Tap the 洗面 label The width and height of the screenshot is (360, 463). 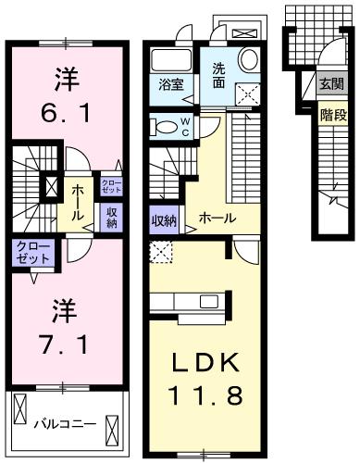coord(218,73)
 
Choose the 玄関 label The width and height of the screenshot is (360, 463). coord(329,83)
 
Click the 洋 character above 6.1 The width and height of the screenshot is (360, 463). coord(65,77)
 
